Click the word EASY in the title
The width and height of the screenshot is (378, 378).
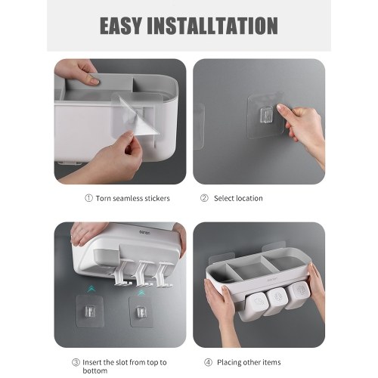[x=121, y=26]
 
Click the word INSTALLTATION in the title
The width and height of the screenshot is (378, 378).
[x=212, y=26]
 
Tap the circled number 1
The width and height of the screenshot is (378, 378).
[x=88, y=198]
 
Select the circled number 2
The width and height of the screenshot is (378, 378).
[x=204, y=198]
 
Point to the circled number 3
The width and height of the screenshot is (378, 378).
[x=76, y=363]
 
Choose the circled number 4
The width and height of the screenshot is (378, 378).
[x=208, y=363]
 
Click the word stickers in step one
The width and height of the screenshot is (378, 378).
[x=157, y=198]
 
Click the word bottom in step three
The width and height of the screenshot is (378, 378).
[x=94, y=370]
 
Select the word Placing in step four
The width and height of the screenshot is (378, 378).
[x=228, y=363]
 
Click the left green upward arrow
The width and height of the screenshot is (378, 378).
[x=91, y=290]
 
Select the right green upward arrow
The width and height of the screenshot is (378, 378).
[x=141, y=293]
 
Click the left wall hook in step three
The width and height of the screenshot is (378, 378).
[x=90, y=311]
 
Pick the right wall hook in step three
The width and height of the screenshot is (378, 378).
[x=141, y=311]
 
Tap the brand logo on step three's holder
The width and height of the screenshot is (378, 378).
[x=144, y=232]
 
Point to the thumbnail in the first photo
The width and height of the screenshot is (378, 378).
[x=94, y=81]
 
